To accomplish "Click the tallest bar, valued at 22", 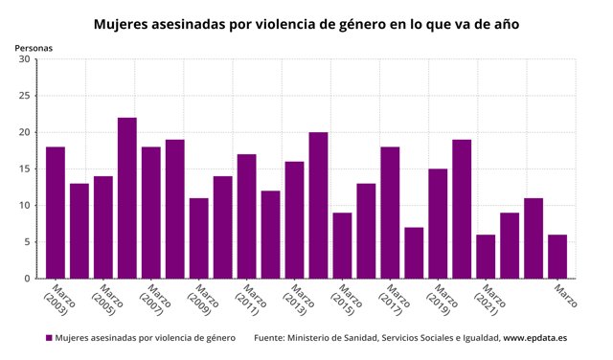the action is (127, 198).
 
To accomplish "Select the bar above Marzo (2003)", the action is (56, 213).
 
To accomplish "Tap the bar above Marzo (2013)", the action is (294, 220).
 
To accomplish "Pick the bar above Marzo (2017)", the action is (390, 213).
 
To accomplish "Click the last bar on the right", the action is (557, 257).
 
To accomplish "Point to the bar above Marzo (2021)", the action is (486, 257).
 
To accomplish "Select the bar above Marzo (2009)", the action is (199, 238).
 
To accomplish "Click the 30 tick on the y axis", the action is (24, 59).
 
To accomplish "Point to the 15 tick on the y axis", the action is (24, 169).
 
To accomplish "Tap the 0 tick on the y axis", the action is (27, 279).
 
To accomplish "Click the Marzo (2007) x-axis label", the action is (155, 301).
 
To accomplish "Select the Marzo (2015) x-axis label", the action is (347, 301).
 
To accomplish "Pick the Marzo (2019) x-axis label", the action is (443, 301).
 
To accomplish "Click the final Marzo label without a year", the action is (566, 296).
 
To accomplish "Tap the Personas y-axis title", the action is (34, 48).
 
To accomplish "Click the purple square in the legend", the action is (49, 338).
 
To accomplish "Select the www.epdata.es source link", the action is (534, 338).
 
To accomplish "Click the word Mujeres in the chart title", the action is (121, 24).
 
